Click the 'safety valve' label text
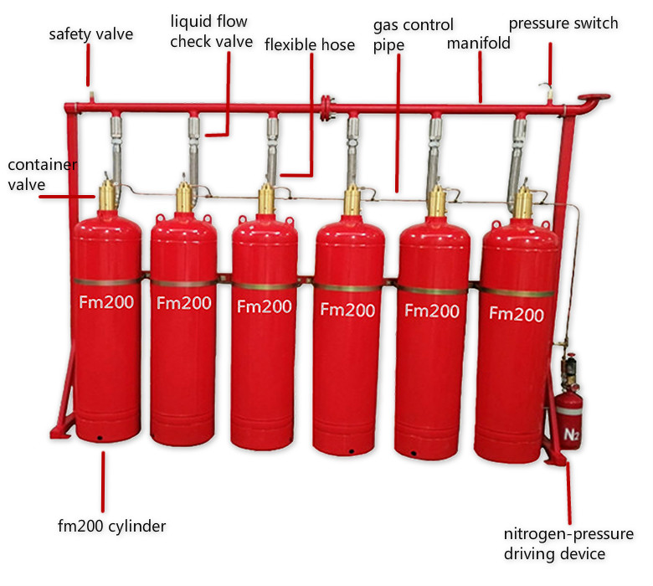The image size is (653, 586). pyautogui.click(x=90, y=34)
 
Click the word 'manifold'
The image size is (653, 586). pyautogui.click(x=479, y=42)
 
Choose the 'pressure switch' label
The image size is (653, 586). pyautogui.click(x=563, y=23)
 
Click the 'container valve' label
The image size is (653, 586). pyautogui.click(x=42, y=174)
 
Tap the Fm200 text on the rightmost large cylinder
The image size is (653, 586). pyautogui.click(x=517, y=314)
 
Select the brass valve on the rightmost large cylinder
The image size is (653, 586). pyautogui.click(x=523, y=201)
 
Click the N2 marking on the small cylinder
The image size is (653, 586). pyautogui.click(x=572, y=434)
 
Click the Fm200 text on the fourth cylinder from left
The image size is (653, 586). pyautogui.click(x=347, y=310)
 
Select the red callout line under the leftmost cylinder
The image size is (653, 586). pyautogui.click(x=105, y=481)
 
